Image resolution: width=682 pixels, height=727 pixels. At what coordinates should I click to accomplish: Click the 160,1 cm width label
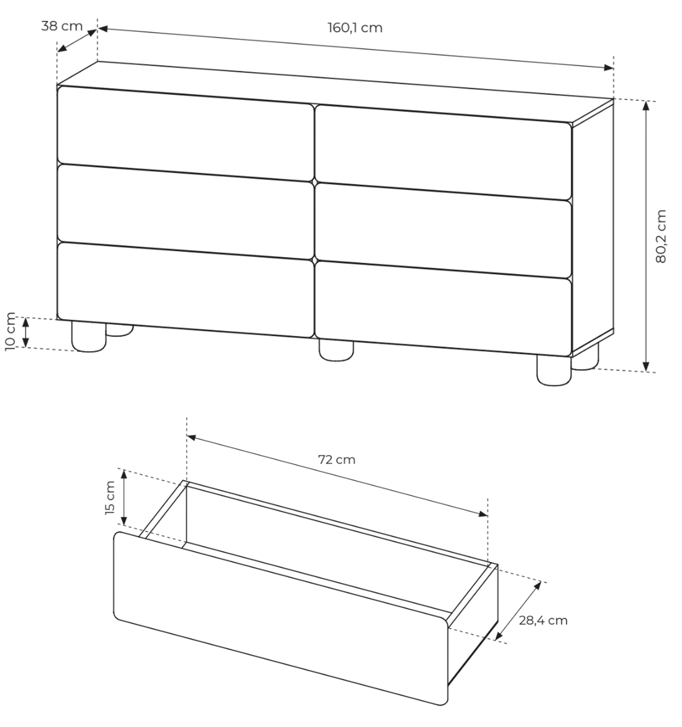[x=355, y=28]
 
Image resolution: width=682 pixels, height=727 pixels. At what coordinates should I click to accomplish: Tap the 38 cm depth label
[x=62, y=26]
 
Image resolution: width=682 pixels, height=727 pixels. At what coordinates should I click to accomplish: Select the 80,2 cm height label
[x=661, y=236]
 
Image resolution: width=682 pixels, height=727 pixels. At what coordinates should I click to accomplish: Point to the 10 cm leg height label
[x=10, y=332]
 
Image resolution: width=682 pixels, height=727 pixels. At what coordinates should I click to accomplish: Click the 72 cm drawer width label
[x=337, y=460]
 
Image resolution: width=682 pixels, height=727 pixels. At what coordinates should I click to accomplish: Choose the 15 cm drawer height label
[x=110, y=498]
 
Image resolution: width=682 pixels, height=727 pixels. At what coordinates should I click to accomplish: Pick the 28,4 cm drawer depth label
[x=543, y=621]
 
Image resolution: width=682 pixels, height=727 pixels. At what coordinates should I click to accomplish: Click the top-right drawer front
[x=443, y=153]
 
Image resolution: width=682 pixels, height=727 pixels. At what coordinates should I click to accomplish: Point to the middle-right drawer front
[x=443, y=230]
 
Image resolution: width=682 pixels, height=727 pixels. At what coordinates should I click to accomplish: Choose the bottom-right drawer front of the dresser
[x=443, y=308]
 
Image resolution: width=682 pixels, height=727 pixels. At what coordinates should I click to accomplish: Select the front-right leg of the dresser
[x=554, y=370]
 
